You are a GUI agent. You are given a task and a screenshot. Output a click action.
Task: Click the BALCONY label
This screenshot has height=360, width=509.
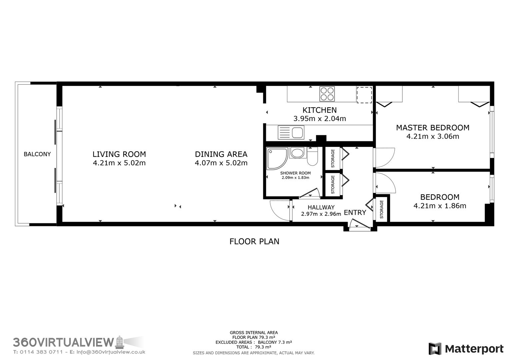tap(37, 154)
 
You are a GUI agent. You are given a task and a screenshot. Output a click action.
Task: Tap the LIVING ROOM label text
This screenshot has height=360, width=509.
tap(119, 154)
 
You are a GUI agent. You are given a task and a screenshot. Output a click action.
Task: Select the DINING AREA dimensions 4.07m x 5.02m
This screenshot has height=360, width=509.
tap(221, 163)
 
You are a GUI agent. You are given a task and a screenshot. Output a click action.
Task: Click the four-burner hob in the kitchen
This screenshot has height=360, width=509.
tap(327, 94)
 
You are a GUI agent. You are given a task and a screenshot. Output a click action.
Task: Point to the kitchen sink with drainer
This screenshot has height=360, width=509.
tap(291, 132)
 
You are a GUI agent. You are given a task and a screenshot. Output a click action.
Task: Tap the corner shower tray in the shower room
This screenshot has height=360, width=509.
tap(276, 158)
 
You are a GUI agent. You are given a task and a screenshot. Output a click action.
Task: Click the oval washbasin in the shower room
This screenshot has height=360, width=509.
tap(297, 153)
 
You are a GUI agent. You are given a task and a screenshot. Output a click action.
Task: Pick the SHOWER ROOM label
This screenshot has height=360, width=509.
tap(295, 173)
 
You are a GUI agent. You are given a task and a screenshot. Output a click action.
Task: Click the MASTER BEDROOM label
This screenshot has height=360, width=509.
tap(433, 127)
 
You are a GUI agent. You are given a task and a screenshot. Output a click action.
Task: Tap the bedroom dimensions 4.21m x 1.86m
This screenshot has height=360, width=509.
tap(440, 206)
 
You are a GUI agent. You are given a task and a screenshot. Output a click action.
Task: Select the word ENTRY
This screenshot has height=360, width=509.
tap(355, 212)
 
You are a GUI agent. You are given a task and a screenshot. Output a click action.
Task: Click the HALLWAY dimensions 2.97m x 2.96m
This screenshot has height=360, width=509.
tap(321, 214)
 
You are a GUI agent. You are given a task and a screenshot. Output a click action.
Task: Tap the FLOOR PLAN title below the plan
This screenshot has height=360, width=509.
tap(254, 241)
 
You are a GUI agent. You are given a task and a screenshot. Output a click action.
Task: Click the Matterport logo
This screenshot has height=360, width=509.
tap(466, 349)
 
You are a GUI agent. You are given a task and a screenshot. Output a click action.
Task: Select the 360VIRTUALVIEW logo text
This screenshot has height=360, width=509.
tap(63, 342)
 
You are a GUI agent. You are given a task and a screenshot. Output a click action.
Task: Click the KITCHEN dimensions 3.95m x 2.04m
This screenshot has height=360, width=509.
tap(319, 118)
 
